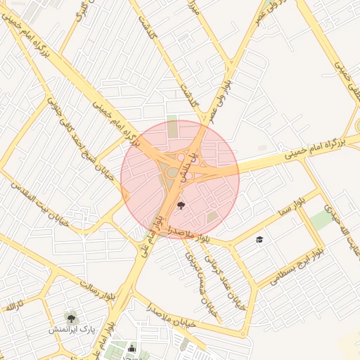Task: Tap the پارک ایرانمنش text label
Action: [x=71, y=329]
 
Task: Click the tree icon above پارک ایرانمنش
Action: [x=70, y=316]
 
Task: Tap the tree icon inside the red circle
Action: [x=182, y=205]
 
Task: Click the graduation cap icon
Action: [x=259, y=240]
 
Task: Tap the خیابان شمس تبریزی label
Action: [x=194, y=264]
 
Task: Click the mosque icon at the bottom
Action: [x=131, y=348]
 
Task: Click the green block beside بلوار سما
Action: [x=321, y=219]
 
